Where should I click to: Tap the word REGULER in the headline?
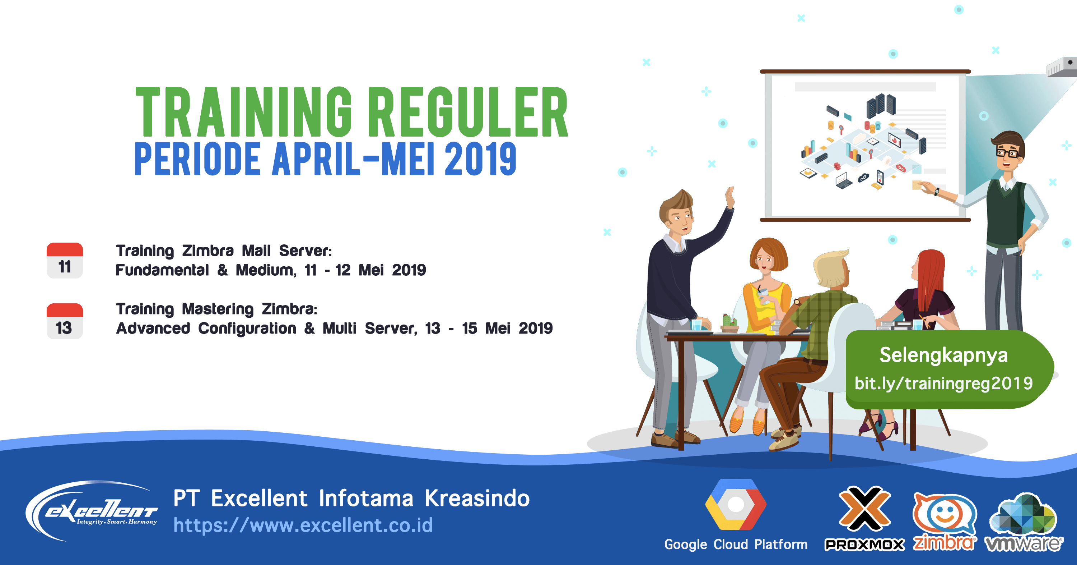pos(468,112)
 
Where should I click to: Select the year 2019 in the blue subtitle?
pos(480,159)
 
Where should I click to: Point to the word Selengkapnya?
pos(943,355)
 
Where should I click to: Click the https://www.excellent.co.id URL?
pos(303,525)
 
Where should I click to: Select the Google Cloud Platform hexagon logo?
pos(736,505)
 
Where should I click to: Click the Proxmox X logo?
pos(864,509)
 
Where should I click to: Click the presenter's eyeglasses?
pos(1007,153)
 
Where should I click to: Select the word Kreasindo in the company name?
pos(477,499)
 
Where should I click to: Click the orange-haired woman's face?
pos(765,261)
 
